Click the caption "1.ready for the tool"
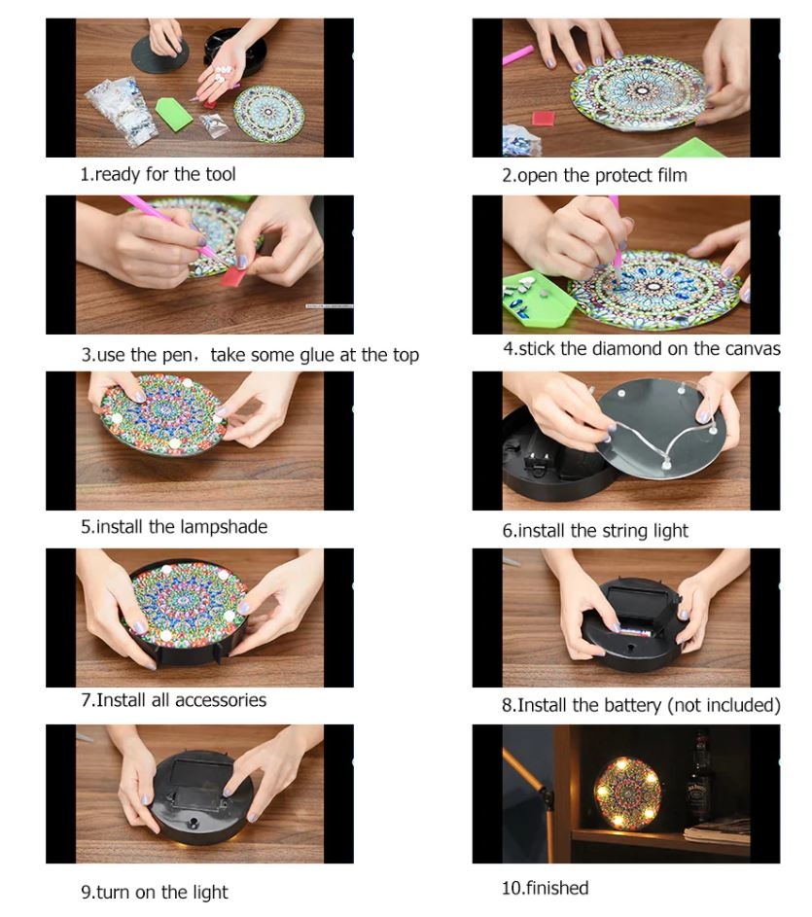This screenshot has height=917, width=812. click(x=158, y=174)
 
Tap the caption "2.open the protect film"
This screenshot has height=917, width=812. click(x=594, y=175)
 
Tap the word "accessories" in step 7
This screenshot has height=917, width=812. click(x=221, y=700)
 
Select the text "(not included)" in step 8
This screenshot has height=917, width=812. click(x=724, y=705)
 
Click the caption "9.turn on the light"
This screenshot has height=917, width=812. click(x=155, y=892)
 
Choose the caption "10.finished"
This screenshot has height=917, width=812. click(x=546, y=888)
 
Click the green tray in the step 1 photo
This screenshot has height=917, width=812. click(x=174, y=113)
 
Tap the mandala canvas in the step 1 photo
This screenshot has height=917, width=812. click(x=269, y=111)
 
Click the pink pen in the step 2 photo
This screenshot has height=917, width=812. click(x=518, y=55)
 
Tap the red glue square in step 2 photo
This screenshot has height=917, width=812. click(x=544, y=118)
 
